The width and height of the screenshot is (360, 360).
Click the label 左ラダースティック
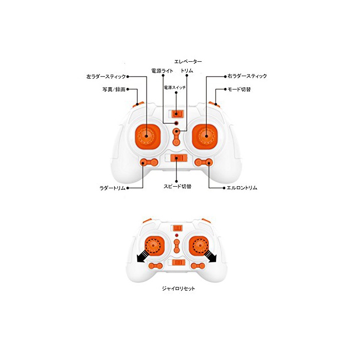106,77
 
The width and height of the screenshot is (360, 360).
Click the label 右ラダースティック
247,76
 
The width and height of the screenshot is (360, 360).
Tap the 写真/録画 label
114,89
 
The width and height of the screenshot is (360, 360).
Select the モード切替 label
239,89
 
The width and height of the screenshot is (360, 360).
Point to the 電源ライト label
162,71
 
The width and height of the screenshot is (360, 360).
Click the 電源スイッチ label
175,87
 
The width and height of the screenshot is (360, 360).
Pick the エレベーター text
188,62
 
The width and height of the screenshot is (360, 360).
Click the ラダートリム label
113,188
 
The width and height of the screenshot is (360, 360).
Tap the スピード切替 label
177,186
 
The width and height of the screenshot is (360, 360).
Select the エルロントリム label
242,188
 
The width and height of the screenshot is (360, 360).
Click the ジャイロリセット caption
178,289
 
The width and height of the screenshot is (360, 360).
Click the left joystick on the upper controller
147,136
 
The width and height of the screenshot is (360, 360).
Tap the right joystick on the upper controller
205,136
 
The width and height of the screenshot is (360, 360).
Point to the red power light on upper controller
176,122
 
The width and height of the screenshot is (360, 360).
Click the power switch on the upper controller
176,114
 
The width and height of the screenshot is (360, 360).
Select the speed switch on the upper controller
176,158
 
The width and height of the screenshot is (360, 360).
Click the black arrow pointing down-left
142,256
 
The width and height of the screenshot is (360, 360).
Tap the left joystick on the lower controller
154,246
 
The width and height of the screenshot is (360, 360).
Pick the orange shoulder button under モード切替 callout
214,104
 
